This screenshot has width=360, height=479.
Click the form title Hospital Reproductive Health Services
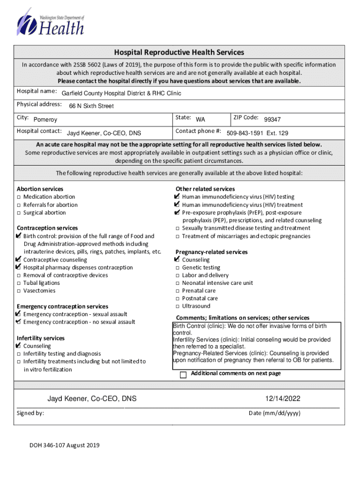[x=180, y=52]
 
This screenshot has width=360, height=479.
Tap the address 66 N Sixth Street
[x=91, y=106]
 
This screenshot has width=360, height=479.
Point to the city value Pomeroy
[x=46, y=120]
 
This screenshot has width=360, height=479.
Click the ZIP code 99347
[x=272, y=120]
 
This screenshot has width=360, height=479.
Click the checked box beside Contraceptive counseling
[x=18, y=259]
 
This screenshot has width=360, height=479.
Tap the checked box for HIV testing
[x=177, y=196]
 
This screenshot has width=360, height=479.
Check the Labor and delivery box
[x=178, y=276]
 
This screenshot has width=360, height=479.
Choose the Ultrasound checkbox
[x=178, y=306]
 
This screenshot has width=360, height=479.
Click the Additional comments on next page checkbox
[x=183, y=375]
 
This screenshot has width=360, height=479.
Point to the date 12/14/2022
[x=282, y=399]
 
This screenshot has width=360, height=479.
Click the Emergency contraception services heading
[x=62, y=306]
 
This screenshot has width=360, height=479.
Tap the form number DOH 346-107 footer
[x=64, y=445]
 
